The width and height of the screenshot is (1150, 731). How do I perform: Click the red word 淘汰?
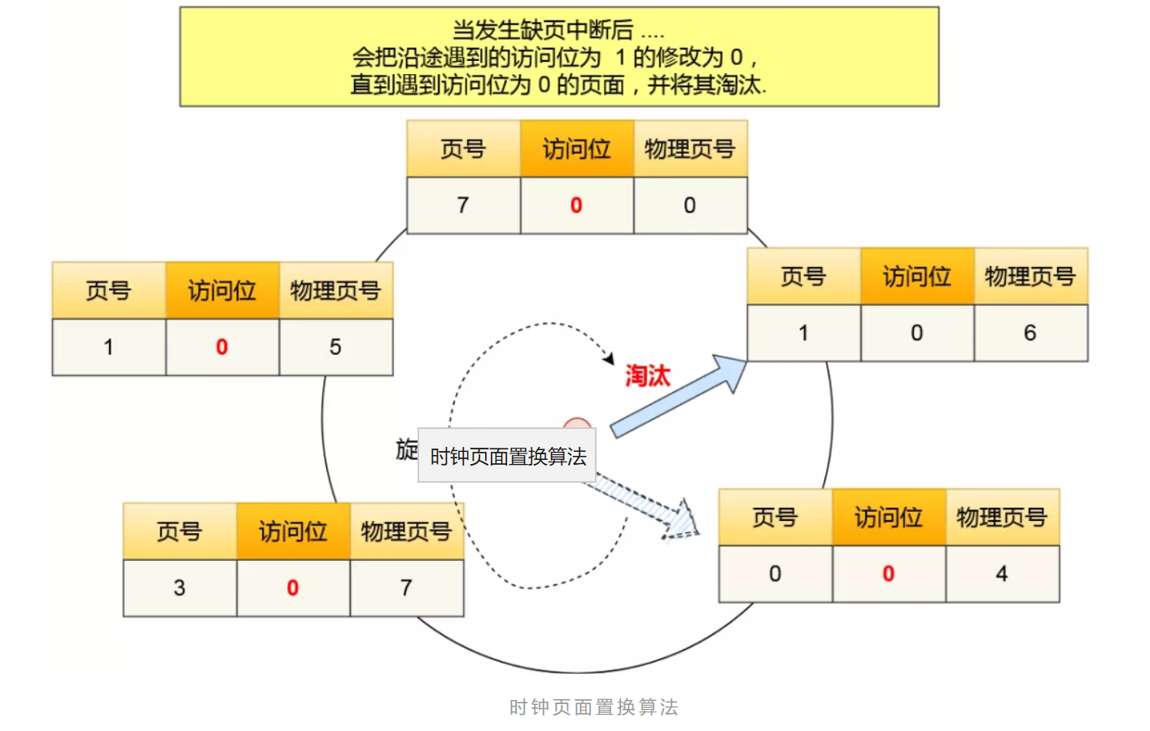click(x=647, y=376)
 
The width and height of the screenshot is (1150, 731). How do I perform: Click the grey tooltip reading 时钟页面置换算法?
click(x=507, y=456)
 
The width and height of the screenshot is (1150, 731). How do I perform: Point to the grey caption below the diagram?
click(x=593, y=707)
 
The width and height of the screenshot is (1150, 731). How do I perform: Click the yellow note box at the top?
click(x=559, y=57)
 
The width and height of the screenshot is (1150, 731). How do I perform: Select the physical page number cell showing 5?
click(x=335, y=348)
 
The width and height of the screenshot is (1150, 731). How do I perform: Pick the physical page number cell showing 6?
click(x=1030, y=333)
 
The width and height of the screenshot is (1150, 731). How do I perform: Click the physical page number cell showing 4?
click(x=1002, y=574)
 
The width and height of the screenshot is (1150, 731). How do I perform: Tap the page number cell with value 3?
click(x=179, y=588)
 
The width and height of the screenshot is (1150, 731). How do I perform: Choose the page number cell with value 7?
click(x=463, y=205)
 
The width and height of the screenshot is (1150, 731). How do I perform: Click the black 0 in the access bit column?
click(x=917, y=333)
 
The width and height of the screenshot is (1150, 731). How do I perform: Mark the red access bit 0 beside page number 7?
click(x=576, y=205)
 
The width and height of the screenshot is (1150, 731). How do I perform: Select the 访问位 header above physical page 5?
click(x=222, y=291)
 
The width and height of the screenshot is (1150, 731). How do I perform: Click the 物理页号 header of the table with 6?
click(x=1030, y=277)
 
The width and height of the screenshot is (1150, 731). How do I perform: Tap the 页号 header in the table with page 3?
click(x=179, y=532)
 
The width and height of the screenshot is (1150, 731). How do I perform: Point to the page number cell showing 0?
click(x=775, y=574)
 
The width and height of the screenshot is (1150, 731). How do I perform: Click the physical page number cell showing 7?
click(x=406, y=588)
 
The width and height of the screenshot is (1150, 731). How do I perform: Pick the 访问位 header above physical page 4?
click(x=888, y=517)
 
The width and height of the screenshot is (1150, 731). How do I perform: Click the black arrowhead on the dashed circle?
click(x=609, y=358)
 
